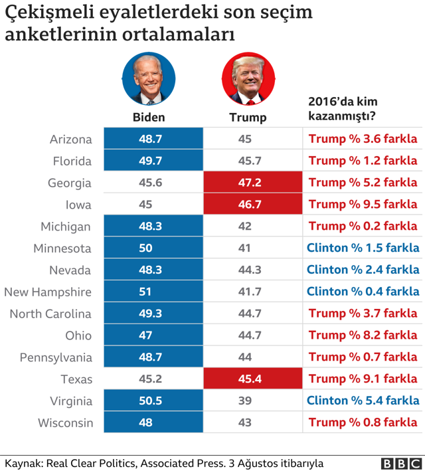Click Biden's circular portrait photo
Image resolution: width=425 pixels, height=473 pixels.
pyautogui.click(x=149, y=78)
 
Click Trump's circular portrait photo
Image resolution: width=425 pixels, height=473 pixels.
pyautogui.click(x=248, y=78)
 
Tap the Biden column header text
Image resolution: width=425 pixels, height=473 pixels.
pyautogui.click(x=149, y=118)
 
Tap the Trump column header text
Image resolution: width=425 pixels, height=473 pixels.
pyautogui.click(x=248, y=118)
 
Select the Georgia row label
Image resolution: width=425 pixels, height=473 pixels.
pyautogui.click(x=70, y=183)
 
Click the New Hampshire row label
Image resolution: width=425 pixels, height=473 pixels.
pyautogui.click(x=48, y=292)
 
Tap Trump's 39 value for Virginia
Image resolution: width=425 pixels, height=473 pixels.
pyautogui.click(x=245, y=401)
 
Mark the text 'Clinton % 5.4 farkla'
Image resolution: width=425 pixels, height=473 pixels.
pyautogui.click(x=363, y=401)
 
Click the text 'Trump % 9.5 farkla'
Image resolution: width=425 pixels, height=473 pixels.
pyautogui.click(x=363, y=205)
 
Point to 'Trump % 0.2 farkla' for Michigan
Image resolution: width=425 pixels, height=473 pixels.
pyautogui.click(x=363, y=227)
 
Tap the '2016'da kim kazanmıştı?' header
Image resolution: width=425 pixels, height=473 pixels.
pyautogui.click(x=342, y=109)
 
